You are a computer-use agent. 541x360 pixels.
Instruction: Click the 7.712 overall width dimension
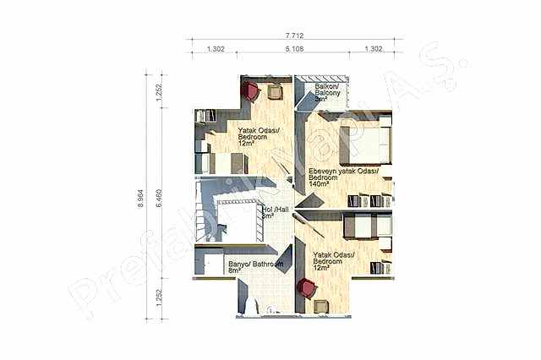click(295, 35)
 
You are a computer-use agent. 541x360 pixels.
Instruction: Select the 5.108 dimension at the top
click(295, 50)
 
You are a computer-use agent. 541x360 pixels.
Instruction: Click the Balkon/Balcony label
click(327, 88)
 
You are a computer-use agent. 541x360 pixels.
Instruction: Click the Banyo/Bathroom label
click(254, 264)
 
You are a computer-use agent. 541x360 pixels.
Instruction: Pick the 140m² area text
click(319, 183)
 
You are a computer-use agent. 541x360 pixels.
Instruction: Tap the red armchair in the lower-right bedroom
click(306, 288)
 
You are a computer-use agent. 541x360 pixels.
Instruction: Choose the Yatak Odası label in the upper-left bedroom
click(258, 131)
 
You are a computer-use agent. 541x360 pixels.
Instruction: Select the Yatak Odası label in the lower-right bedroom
click(334, 255)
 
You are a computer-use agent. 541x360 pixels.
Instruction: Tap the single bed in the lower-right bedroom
click(365, 226)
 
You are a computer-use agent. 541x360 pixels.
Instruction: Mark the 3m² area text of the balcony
click(321, 99)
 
